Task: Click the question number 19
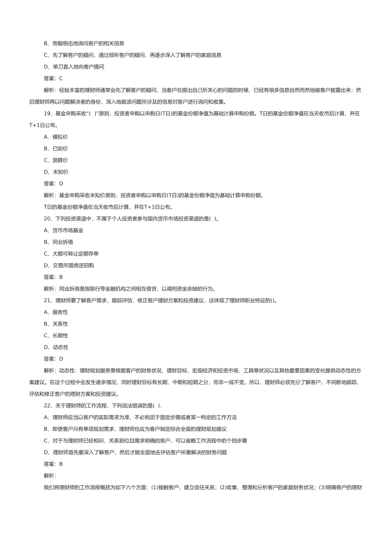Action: tap(47, 114)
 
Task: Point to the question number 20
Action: tap(47, 219)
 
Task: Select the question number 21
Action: tap(47, 300)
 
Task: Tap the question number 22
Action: tap(47, 406)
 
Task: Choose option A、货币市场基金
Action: tap(64, 230)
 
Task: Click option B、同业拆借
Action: tap(58, 242)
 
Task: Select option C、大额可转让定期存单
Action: tap(71, 254)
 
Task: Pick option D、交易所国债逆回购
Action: tap(69, 265)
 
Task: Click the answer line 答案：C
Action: tap(53, 79)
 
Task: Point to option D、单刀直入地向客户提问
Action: tap(74, 67)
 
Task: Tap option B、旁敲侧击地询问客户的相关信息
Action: tap(84, 44)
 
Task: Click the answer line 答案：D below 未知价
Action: tap(53, 184)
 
